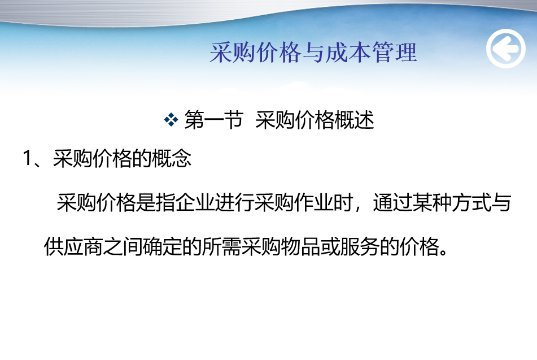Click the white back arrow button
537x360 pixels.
coord(506,49)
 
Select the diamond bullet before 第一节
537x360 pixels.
coord(171,120)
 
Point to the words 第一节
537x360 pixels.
coord(213,120)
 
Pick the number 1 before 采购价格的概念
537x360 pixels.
coord(27,158)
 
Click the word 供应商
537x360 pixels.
coord(73,246)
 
